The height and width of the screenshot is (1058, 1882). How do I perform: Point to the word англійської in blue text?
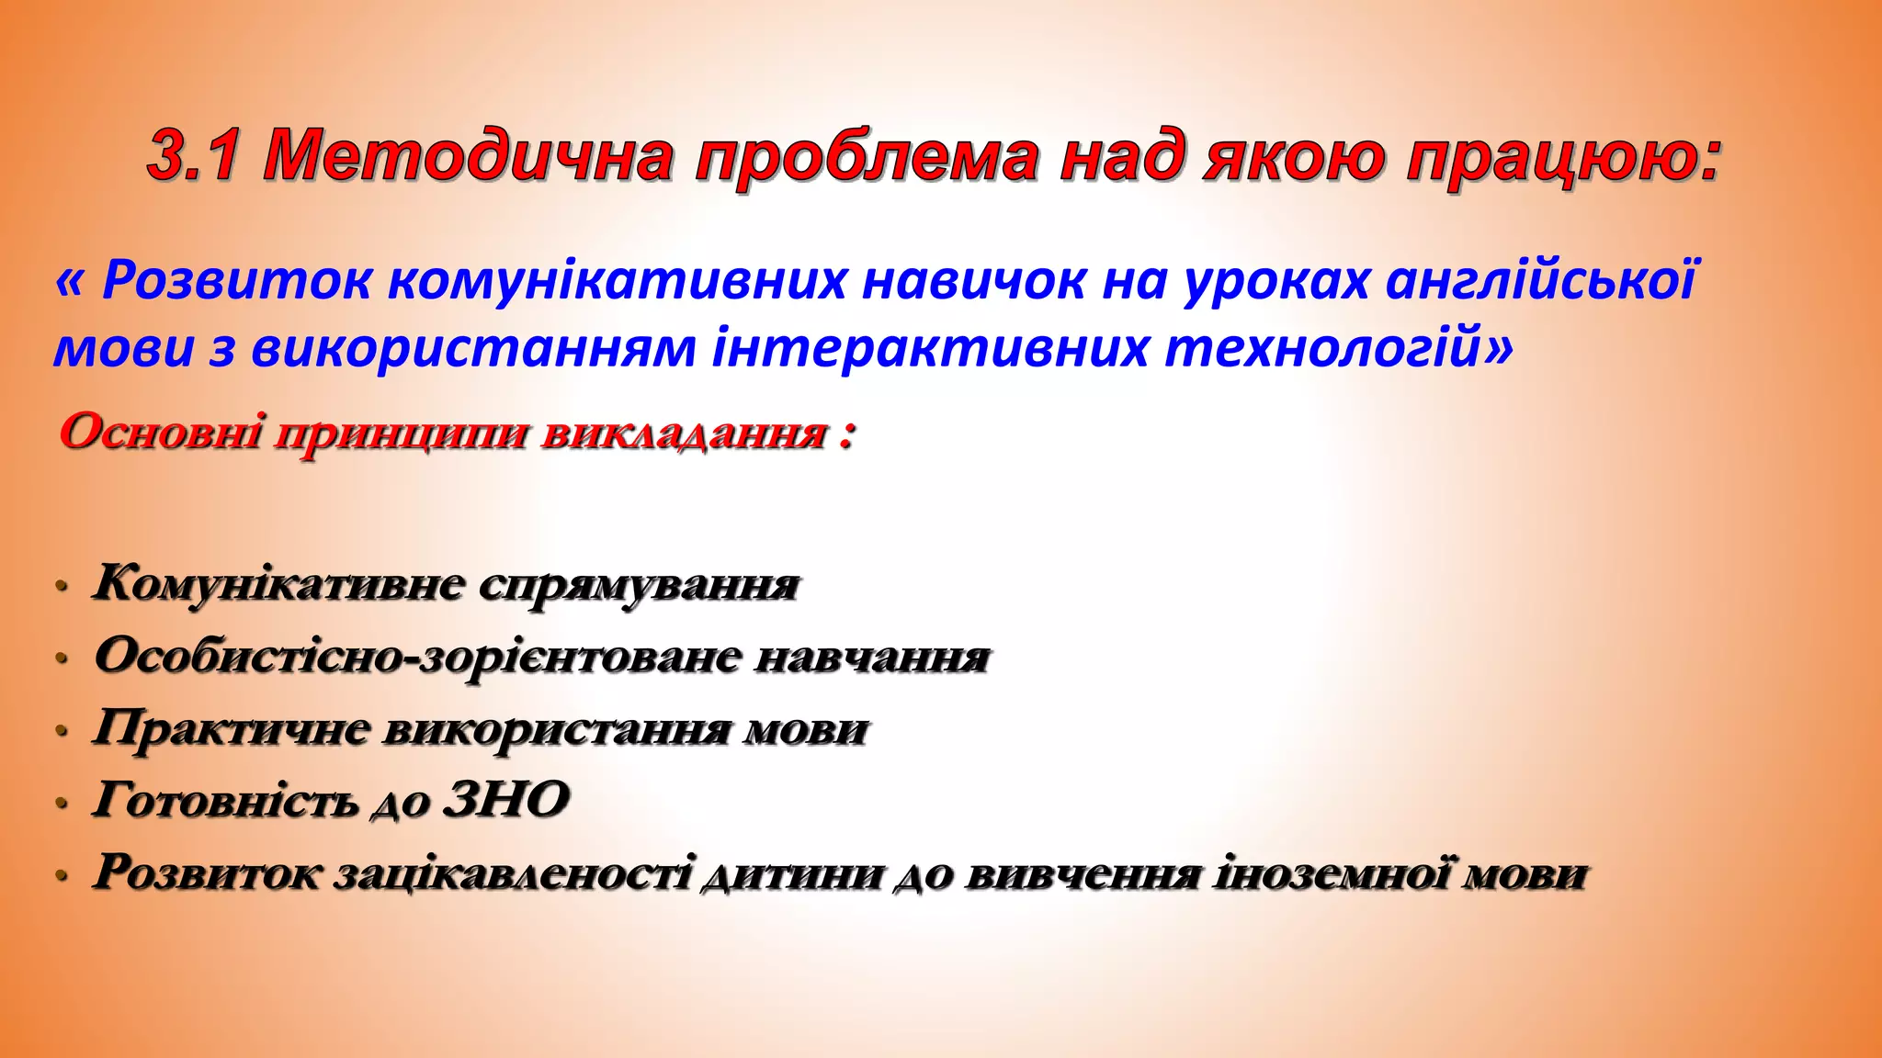1540,280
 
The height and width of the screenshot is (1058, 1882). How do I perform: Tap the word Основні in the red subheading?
161,432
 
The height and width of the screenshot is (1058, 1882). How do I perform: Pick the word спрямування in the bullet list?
640,585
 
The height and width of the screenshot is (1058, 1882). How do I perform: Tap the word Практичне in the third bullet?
231,729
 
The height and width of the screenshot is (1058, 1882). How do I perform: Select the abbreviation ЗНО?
506,799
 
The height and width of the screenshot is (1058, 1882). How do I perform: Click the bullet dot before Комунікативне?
62,586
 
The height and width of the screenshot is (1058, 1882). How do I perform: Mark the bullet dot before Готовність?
62,803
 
